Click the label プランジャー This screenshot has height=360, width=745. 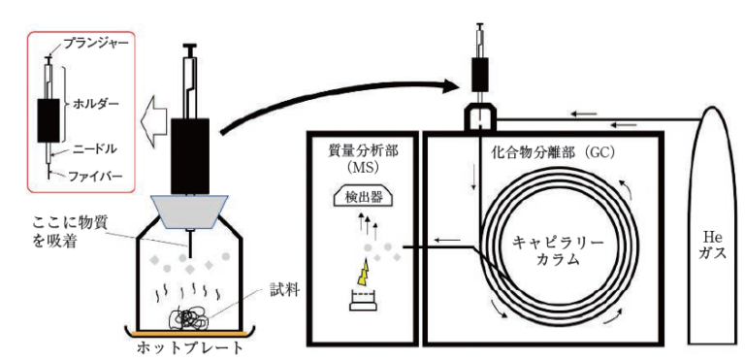point(96,44)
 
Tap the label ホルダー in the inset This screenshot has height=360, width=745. point(95,104)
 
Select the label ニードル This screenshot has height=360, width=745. point(95,149)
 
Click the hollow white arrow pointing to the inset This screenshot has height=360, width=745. point(155,118)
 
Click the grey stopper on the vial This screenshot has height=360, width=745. point(190,212)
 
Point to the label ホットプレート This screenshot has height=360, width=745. point(190,348)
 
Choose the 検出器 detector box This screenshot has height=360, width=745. point(363,197)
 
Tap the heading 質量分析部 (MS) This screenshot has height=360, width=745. point(364,159)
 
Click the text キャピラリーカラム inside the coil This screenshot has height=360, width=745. point(559,250)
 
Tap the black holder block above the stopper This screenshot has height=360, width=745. point(190,156)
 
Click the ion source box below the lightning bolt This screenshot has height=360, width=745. point(363,301)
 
